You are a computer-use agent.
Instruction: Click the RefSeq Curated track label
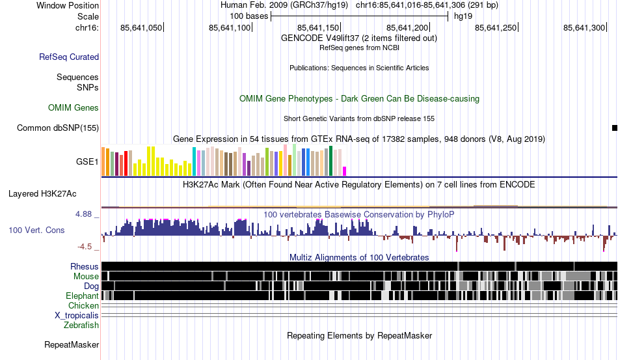pyautogui.click(x=69, y=57)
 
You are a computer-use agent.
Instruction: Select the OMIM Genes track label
pyautogui.click(x=74, y=107)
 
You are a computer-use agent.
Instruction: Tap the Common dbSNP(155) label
pyautogui.click(x=58, y=128)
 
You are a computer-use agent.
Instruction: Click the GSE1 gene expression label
pyautogui.click(x=87, y=161)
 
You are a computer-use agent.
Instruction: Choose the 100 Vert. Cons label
pyautogui.click(x=36, y=230)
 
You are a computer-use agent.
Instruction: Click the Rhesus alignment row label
pyautogui.click(x=85, y=266)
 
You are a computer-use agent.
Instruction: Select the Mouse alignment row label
pyautogui.click(x=86, y=276)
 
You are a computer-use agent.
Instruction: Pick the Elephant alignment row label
pyautogui.click(x=82, y=296)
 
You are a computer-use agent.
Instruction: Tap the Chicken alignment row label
pyautogui.click(x=84, y=305)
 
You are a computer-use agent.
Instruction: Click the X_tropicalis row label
pyautogui.click(x=77, y=315)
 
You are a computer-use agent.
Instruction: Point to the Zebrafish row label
pyautogui.click(x=81, y=325)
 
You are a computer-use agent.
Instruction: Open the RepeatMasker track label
pyautogui.click(x=72, y=344)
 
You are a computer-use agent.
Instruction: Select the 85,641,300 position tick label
pyautogui.click(x=584, y=27)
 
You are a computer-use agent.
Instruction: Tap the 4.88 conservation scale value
pyautogui.click(x=87, y=214)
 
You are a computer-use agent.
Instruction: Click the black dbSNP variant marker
pyautogui.click(x=615, y=128)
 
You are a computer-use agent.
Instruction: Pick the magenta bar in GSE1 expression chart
pyautogui.click(x=345, y=171)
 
